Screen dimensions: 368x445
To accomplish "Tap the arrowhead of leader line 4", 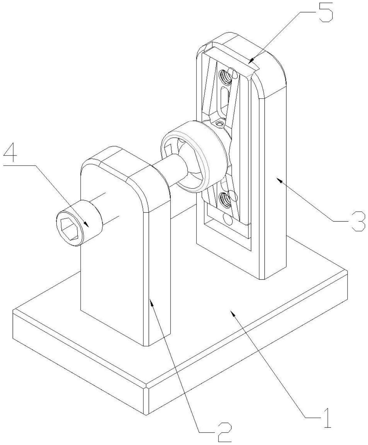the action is coord(87,224).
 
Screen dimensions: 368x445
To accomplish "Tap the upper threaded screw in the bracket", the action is coord(225,76).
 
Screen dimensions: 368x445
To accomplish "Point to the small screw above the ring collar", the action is coord(219,123).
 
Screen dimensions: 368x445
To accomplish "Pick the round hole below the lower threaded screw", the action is coord(227,220).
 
